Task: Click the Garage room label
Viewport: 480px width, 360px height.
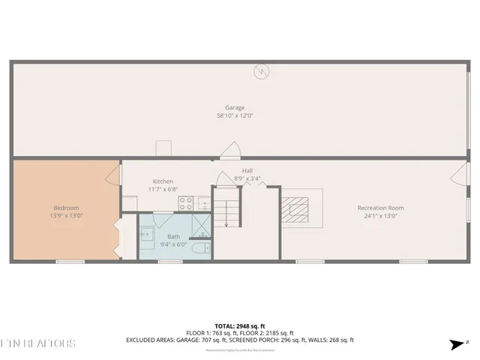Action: pos(235,107)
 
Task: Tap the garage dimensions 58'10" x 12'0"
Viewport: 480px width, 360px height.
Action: pos(235,115)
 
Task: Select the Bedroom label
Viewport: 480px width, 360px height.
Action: pos(66,208)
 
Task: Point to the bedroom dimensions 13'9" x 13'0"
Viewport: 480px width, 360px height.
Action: pos(66,216)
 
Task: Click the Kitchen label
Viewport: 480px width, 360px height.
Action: pos(163,181)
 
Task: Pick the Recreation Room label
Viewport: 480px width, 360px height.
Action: pos(380,208)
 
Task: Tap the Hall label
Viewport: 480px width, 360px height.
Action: pos(247,170)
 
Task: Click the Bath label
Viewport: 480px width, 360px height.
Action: pos(173,236)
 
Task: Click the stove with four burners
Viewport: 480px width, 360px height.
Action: pos(185,202)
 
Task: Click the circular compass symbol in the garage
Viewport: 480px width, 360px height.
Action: pos(261,71)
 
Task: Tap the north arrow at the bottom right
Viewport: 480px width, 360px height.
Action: pos(457,344)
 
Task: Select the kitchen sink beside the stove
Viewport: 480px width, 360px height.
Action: pos(203,202)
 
